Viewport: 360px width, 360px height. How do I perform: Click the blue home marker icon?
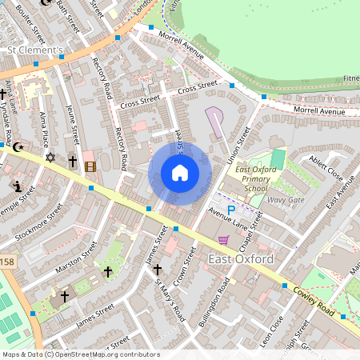coord(180,173)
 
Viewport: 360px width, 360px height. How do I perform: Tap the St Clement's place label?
coord(35,50)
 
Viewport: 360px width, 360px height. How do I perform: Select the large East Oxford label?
coord(241,259)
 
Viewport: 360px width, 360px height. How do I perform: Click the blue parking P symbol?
coord(232,210)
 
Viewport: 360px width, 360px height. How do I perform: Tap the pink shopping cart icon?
coord(223,239)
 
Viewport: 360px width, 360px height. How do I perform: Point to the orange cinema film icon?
coord(90,166)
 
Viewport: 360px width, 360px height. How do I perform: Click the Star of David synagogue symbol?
coord(50,158)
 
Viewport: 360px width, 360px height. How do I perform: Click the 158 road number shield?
coord(6,262)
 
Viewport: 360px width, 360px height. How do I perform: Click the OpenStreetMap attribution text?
coord(81,354)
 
